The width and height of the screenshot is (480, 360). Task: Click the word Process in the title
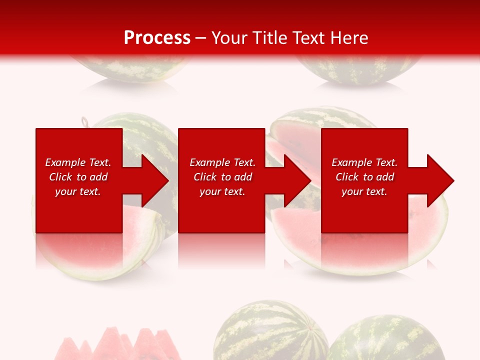coord(157,38)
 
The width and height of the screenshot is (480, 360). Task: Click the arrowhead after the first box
coord(154,180)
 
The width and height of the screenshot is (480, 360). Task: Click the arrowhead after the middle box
coord(297,180)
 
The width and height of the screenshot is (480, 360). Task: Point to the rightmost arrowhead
coord(440,180)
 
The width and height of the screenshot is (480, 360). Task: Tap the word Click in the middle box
coord(205,177)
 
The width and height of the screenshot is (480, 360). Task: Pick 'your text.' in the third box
coord(364,191)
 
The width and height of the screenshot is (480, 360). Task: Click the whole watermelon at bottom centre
coord(270,332)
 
